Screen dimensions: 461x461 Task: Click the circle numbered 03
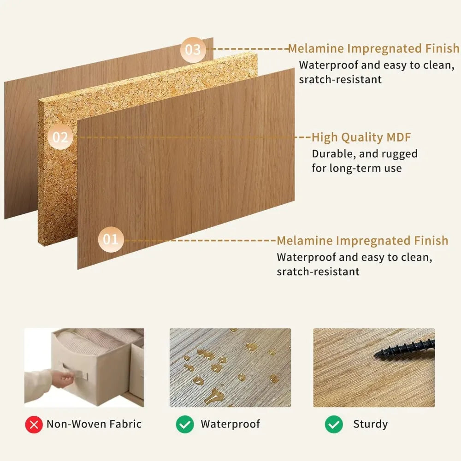click(193, 49)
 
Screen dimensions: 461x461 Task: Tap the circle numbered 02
click(60, 137)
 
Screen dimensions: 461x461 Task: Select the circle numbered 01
click(111, 239)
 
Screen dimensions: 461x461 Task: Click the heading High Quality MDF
click(361, 137)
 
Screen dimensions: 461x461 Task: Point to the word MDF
click(397, 137)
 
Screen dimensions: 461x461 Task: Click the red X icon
click(34, 424)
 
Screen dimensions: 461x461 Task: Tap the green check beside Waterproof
click(185, 424)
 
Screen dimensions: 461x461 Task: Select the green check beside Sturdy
click(334, 424)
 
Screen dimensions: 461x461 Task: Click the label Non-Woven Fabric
click(94, 424)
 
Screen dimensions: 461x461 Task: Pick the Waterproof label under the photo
click(230, 424)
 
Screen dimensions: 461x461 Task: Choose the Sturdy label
click(370, 424)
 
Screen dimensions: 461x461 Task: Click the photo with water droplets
click(230, 367)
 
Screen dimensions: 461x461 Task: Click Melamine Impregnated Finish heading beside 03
click(373, 48)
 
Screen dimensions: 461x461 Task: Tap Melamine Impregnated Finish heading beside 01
click(362, 241)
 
